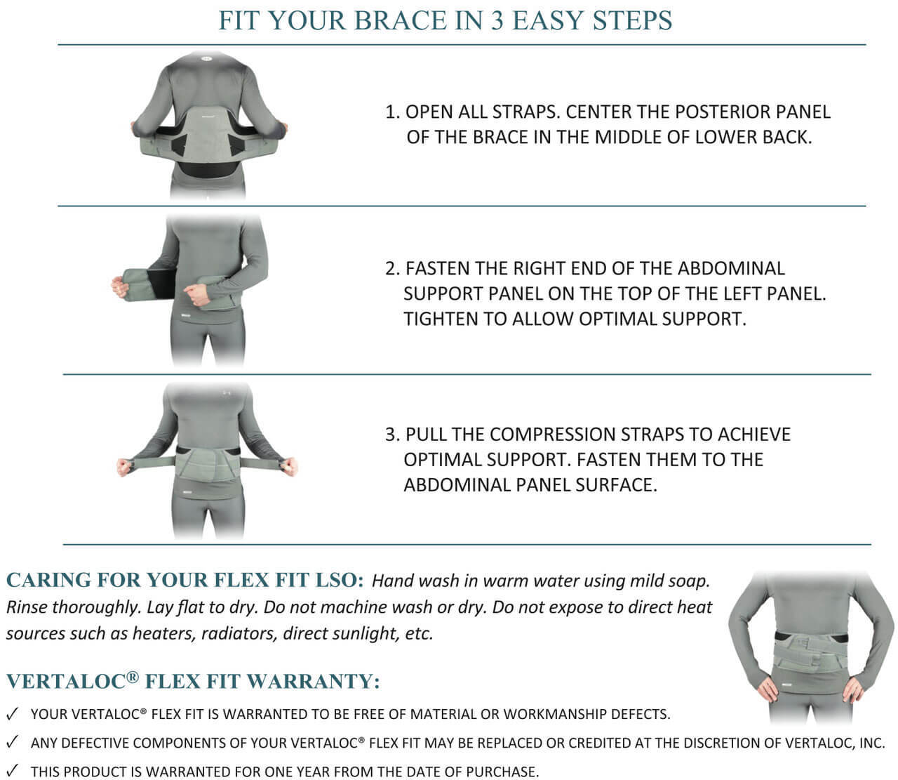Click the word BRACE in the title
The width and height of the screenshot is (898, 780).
[398, 20]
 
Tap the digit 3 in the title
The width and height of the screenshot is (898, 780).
[497, 20]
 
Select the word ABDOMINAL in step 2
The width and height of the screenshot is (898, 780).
[732, 268]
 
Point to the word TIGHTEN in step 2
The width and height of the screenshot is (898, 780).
[441, 319]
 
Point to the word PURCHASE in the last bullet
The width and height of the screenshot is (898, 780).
[502, 772]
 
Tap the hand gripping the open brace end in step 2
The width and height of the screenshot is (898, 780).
[121, 286]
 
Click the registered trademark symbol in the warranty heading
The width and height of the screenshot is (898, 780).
[133, 677]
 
